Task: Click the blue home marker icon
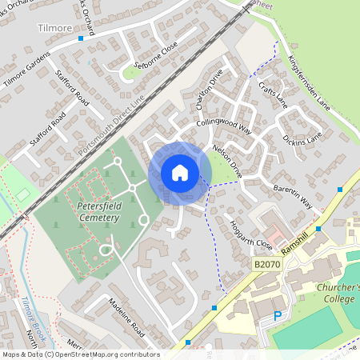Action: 180,173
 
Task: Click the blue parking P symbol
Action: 278,316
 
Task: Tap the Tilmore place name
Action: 54,27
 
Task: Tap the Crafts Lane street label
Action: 272,95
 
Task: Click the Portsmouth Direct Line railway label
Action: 112,125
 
